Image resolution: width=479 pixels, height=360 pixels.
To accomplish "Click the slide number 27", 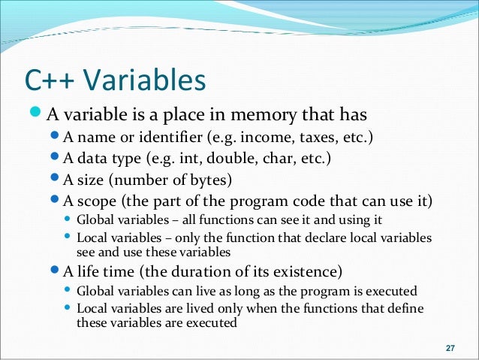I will click(x=450, y=348).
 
